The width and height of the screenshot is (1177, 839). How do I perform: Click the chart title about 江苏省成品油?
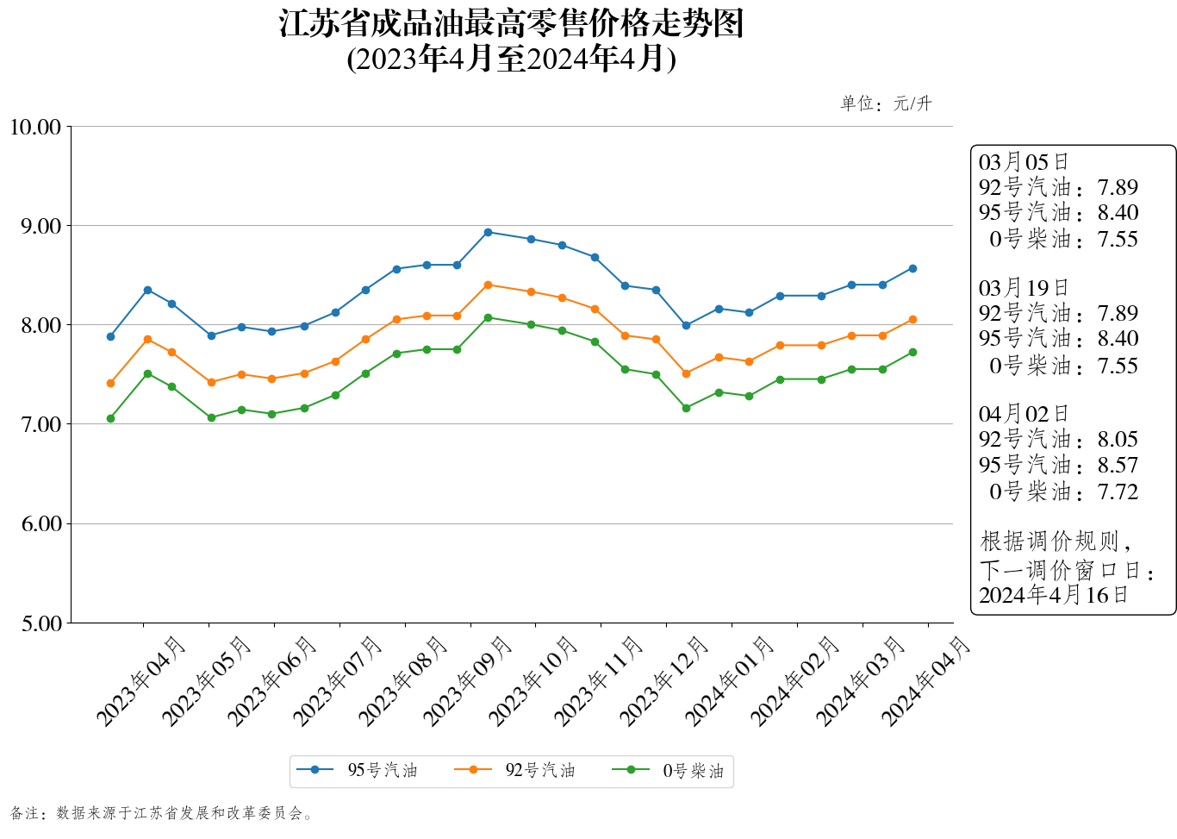pyautogui.click(x=511, y=24)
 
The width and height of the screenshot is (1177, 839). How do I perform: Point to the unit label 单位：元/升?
pyautogui.click(x=886, y=103)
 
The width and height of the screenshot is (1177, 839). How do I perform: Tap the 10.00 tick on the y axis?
pyautogui.click(x=35, y=128)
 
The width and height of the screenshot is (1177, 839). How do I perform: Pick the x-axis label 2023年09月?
pyautogui.click(x=468, y=681)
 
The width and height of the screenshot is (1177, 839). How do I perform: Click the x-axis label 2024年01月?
pyautogui.click(x=730, y=681)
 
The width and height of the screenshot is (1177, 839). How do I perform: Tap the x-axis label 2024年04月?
pyautogui.click(x=926, y=681)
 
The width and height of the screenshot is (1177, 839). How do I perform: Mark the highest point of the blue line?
pyautogui.click(x=488, y=232)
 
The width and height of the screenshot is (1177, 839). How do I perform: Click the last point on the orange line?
pyautogui.click(x=912, y=320)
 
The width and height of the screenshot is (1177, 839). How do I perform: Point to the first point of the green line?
pyautogui.click(x=110, y=418)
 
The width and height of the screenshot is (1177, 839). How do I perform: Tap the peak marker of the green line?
pyautogui.click(x=488, y=317)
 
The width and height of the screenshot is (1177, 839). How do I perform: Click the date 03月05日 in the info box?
pyautogui.click(x=1024, y=162)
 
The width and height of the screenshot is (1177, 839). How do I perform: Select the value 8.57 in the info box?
pyautogui.click(x=1118, y=466)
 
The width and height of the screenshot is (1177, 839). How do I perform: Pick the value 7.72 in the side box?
pyautogui.click(x=1118, y=492)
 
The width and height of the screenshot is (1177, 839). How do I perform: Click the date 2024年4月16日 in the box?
pyautogui.click(x=1053, y=595)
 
